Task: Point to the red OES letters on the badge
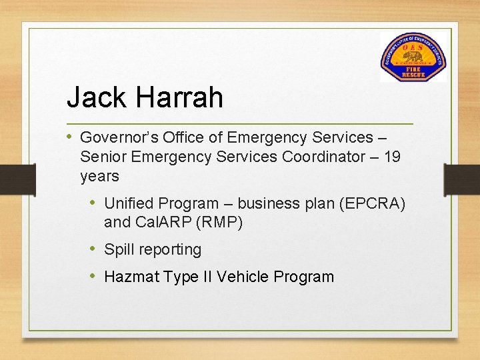(414, 46)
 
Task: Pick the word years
(99, 177)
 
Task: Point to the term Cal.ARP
(160, 223)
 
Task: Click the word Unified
(131, 203)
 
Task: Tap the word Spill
(119, 250)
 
